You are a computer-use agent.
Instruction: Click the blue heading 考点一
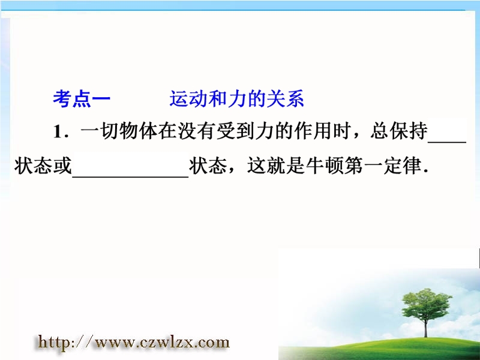click(82, 98)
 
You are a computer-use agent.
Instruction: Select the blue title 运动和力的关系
click(236, 98)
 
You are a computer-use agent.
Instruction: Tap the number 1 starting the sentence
click(58, 132)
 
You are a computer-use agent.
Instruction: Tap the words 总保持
click(398, 131)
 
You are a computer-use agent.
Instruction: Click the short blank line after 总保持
click(447, 142)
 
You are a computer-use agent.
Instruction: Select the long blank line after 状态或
click(130, 176)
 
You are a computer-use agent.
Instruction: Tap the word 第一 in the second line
click(364, 166)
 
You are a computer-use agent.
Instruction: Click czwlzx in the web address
click(166, 342)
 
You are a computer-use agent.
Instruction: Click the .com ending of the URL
click(212, 342)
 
